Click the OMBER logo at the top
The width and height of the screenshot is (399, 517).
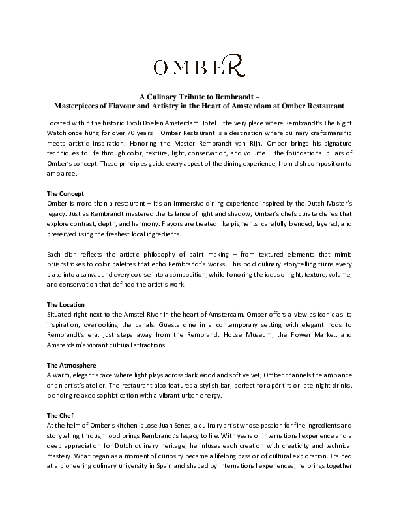coord(198,67)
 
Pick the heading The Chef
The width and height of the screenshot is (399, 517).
coord(60,415)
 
